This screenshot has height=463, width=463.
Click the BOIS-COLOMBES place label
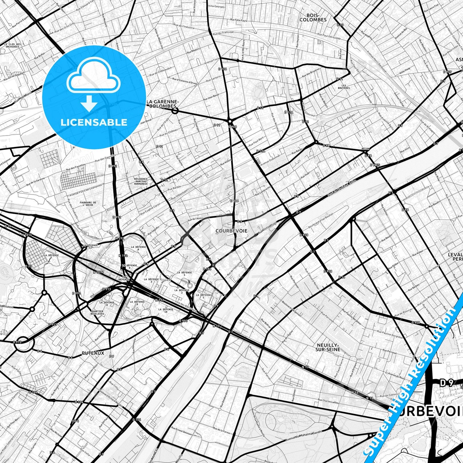coord(313,17)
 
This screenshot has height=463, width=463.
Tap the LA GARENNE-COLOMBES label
coord(161,104)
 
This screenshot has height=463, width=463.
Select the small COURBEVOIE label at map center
coord(231,231)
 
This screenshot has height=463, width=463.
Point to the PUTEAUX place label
coord(93,353)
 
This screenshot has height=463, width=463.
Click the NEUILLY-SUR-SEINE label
coord(328,347)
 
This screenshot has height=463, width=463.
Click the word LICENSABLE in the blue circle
coord(94,122)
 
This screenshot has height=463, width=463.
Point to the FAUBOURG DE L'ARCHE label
coord(88,204)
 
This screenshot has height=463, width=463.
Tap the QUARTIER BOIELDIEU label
coord(97,312)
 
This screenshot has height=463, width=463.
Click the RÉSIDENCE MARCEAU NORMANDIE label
coord(141,181)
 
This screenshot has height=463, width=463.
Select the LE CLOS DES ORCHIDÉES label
coord(12,45)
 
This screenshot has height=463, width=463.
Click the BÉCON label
coord(365,149)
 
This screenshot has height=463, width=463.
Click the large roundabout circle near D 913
coord(25,343)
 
